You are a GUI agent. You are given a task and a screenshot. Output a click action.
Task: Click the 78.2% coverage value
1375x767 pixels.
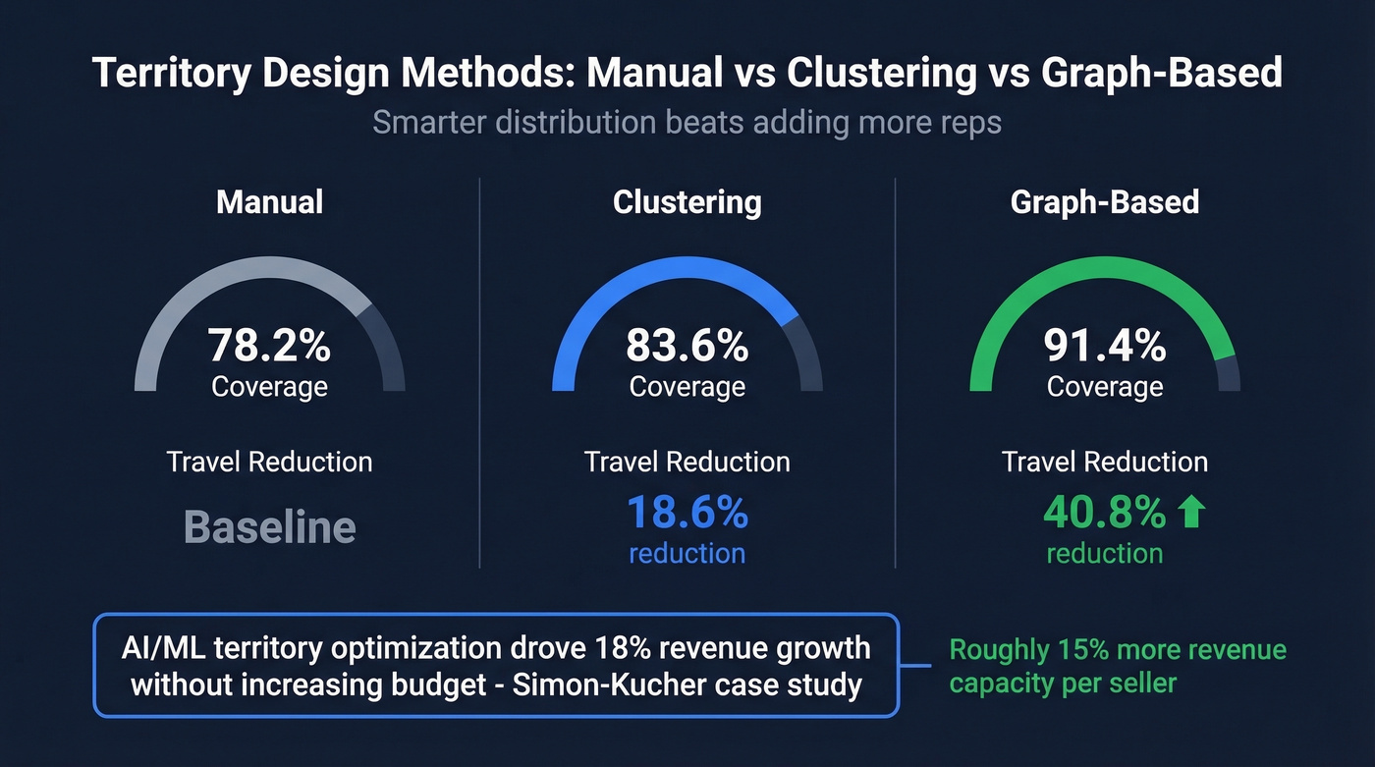[269, 346]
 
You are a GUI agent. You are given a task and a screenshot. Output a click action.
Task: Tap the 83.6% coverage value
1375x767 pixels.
[687, 346]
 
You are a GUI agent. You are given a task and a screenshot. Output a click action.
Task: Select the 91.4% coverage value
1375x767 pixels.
[1105, 346]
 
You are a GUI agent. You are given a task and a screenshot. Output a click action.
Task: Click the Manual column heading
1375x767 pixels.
[269, 202]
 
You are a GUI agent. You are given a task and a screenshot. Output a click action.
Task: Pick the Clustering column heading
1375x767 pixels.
[687, 202]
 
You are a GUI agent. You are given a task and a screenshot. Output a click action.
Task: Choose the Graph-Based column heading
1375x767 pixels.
[1105, 202]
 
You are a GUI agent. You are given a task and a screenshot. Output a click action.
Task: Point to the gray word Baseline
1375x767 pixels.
[269, 527]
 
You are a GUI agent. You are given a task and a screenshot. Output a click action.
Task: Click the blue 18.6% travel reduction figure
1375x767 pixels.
[687, 513]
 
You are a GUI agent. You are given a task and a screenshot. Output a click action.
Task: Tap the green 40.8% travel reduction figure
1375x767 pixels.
[1104, 513]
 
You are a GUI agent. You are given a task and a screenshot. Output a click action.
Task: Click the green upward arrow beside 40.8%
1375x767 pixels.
[1190, 513]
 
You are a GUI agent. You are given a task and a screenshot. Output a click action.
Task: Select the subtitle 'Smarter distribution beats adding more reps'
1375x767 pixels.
[687, 124]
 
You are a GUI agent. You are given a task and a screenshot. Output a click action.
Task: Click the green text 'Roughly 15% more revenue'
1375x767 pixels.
[1118, 650]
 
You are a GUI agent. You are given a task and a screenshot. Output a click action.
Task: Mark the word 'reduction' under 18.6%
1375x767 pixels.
[687, 554]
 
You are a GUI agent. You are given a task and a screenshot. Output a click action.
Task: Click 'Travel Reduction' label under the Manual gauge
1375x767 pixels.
[269, 462]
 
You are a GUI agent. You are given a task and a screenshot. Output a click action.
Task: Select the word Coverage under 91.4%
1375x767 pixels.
[1105, 386]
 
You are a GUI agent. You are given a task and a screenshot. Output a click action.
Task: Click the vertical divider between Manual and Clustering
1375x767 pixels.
[479, 373]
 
